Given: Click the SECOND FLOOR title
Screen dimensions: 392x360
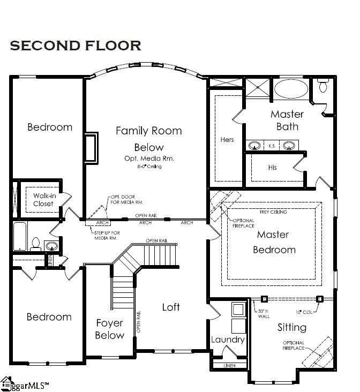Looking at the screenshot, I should [x=76, y=46].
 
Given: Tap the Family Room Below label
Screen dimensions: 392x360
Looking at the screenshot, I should [x=148, y=139].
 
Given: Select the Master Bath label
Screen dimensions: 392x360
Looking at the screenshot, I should [x=287, y=120].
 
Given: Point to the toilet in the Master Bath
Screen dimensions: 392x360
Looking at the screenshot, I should [x=323, y=86].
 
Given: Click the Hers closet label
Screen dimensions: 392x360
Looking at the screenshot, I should [x=227, y=140].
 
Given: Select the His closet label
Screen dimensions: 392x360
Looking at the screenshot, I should [x=272, y=168].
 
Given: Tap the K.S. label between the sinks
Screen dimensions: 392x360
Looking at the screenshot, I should [x=272, y=145].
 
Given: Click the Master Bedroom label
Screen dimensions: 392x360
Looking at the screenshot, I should [x=273, y=242].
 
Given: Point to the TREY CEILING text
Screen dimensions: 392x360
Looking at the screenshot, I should [x=273, y=212].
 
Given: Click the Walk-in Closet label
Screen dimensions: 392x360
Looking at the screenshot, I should [x=43, y=200].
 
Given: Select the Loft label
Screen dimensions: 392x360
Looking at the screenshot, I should [x=171, y=307].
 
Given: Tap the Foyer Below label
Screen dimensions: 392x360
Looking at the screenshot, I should [x=109, y=329].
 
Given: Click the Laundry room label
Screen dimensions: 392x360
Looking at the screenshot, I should [x=228, y=340].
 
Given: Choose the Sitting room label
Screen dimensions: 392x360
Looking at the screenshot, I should [x=291, y=327].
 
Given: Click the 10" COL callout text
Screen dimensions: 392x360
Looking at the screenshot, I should [x=303, y=312].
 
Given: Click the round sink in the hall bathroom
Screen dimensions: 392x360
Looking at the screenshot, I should [x=52, y=246].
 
